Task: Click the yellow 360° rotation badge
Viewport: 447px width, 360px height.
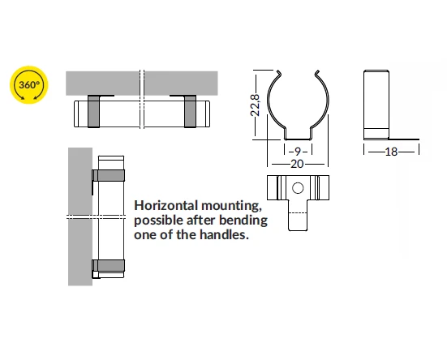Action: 28,85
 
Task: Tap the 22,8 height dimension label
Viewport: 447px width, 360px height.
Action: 256,105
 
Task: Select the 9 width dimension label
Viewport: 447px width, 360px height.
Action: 298,152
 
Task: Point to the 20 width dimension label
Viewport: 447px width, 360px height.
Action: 297,164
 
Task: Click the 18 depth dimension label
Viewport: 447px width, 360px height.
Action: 391,152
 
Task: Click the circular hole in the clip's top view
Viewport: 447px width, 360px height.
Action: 298,188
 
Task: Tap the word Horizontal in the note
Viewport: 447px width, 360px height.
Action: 166,205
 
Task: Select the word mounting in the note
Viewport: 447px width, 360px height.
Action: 231,206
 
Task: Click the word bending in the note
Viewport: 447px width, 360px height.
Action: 243,221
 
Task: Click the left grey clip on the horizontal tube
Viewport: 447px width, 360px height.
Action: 94,111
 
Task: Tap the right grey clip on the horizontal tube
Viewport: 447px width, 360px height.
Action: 190,111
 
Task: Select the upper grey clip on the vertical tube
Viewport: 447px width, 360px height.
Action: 109,175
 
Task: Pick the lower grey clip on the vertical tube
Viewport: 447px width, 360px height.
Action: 109,265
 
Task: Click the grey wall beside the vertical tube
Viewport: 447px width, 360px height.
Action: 80,216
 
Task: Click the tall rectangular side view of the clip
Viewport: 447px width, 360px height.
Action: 376,105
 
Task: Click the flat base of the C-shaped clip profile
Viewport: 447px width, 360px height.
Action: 298,139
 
